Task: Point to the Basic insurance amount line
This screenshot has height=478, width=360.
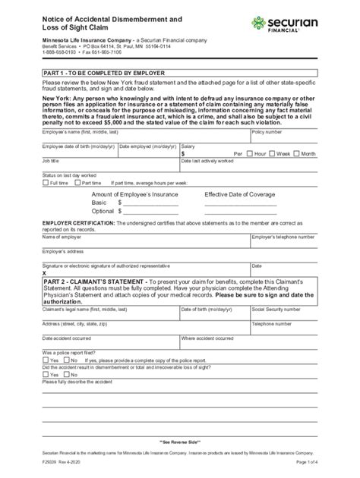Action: pos(152,203)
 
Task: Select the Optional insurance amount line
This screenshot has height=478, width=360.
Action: pos(152,211)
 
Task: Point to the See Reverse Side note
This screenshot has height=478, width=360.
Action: pos(180,441)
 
